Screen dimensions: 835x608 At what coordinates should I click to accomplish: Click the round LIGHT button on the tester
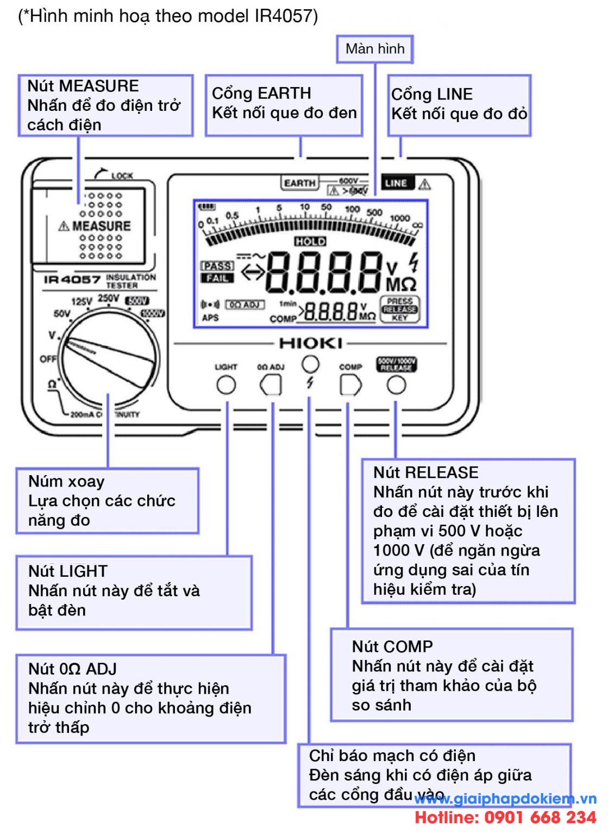pos(226,385)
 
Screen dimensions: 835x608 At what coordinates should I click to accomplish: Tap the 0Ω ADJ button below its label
pos(271,385)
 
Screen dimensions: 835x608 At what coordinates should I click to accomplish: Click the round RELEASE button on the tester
pos(396,385)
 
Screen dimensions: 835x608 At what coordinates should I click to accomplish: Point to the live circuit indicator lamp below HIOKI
pos(310,363)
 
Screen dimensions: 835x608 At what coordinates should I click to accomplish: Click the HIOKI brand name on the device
pos(310,344)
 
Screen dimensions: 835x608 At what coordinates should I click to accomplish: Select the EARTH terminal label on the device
pos(299,183)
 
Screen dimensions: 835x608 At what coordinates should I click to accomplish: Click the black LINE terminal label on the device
pos(397,183)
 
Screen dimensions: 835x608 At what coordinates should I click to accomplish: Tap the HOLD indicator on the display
pos(310,241)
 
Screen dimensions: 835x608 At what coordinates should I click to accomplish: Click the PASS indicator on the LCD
pos(217,266)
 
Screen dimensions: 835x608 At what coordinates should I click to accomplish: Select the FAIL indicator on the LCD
pos(217,278)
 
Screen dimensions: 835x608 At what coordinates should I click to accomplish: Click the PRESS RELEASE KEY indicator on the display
pos(399,309)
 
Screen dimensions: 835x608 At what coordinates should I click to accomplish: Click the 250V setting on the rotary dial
pos(108,298)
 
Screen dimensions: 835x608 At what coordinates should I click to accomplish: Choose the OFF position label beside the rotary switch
pos(48,359)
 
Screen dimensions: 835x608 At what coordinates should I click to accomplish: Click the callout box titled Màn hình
pos(375,49)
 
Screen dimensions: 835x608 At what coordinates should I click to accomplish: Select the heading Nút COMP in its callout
pos(392,647)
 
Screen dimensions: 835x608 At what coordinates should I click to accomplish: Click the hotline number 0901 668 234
pos(505,818)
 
